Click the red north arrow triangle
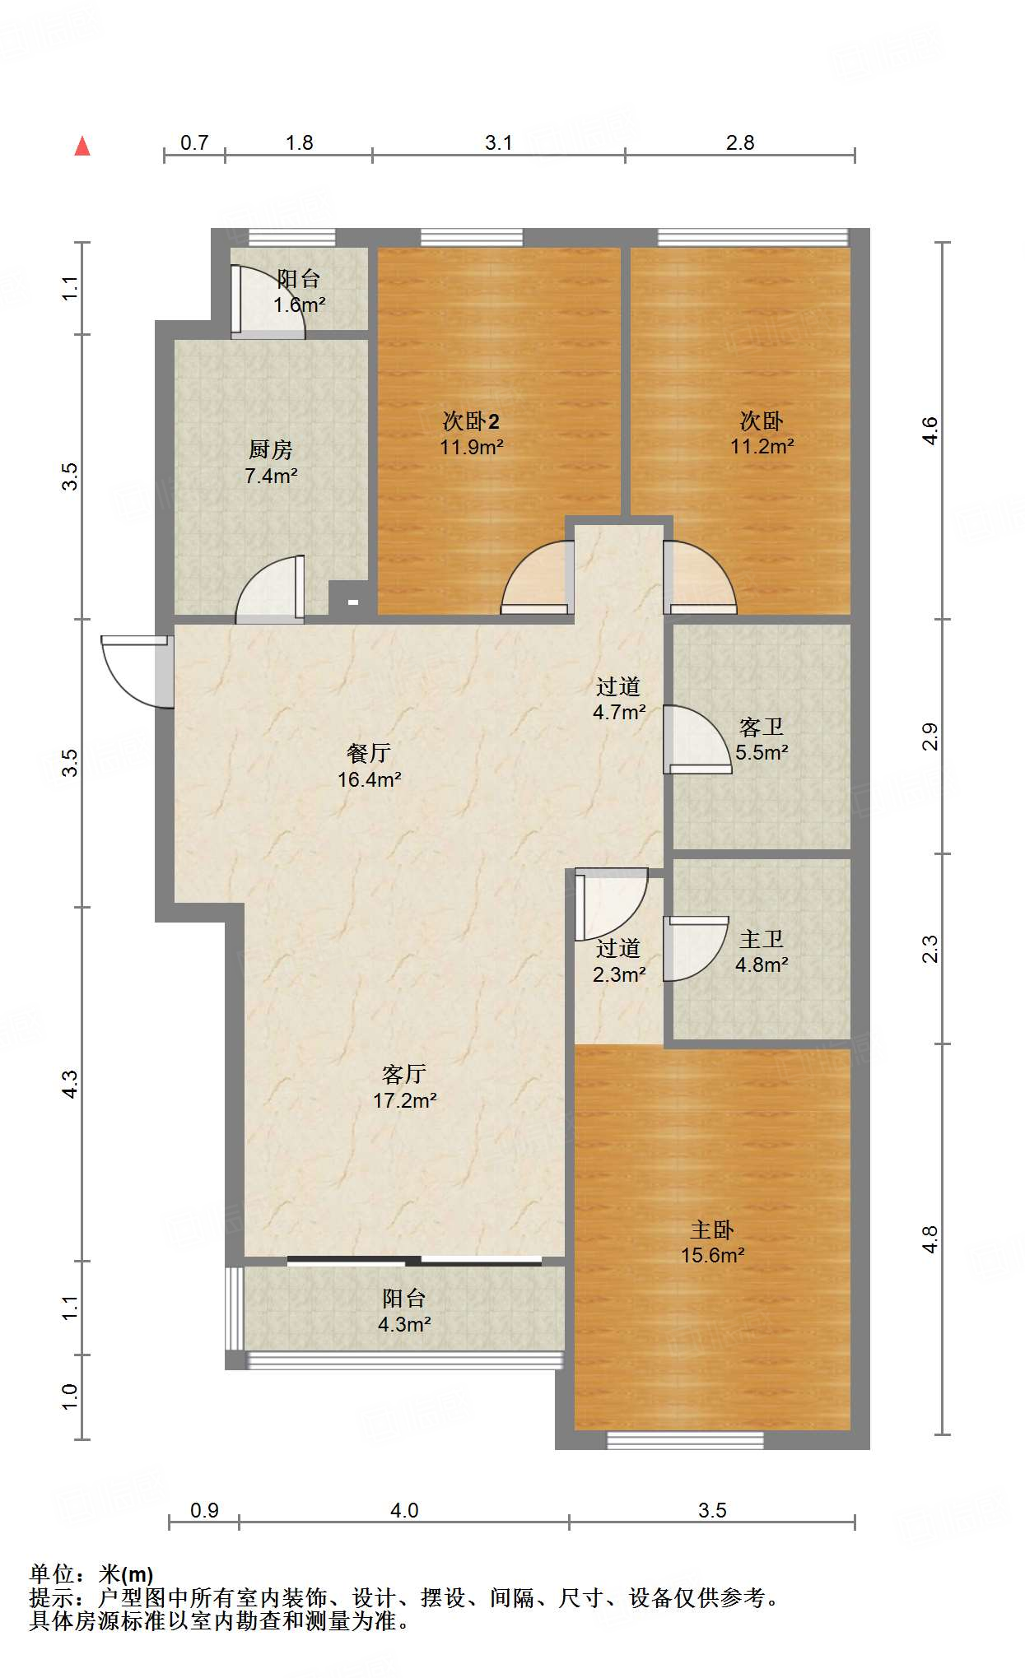click(x=82, y=146)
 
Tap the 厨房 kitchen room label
click(x=271, y=449)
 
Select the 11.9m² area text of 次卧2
click(x=472, y=447)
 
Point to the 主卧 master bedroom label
click(x=712, y=1229)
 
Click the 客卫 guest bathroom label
click(x=762, y=727)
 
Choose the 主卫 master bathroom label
click(x=762, y=939)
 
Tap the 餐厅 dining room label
click(x=369, y=753)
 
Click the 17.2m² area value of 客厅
click(x=405, y=1100)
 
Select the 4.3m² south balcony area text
click(x=404, y=1324)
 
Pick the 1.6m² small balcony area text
click(x=300, y=305)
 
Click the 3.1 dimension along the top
click(x=498, y=142)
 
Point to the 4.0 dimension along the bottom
click(x=404, y=1510)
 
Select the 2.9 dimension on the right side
click(x=929, y=736)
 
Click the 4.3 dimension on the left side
click(x=70, y=1083)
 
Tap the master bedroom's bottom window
click(x=685, y=1440)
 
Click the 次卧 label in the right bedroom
click(x=762, y=421)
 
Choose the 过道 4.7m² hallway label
click(x=619, y=700)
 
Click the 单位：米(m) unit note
click(x=91, y=1574)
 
